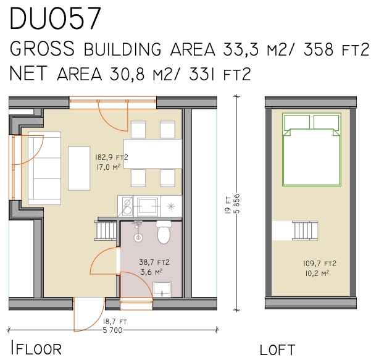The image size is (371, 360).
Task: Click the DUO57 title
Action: [x=56, y=20]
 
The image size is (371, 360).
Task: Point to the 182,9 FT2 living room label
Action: [x=111, y=157]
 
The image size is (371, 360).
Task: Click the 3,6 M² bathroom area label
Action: [x=134, y=271]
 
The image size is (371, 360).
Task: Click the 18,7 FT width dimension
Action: [x=114, y=321]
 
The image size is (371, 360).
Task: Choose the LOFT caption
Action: [x=277, y=350]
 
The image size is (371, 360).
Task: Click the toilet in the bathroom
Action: [x=164, y=233]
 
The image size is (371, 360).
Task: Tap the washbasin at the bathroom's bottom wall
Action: [x=162, y=287]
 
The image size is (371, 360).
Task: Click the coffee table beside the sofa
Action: [x=79, y=167]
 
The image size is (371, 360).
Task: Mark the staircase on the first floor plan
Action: [x=105, y=232]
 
